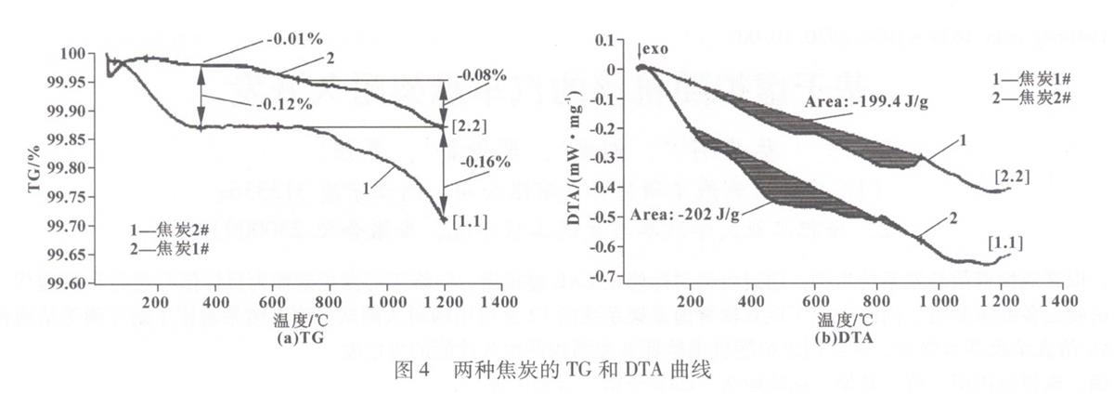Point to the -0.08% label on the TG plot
[x=480, y=74]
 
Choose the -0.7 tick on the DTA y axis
[x=606, y=277]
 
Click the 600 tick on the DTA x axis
[x=814, y=302]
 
